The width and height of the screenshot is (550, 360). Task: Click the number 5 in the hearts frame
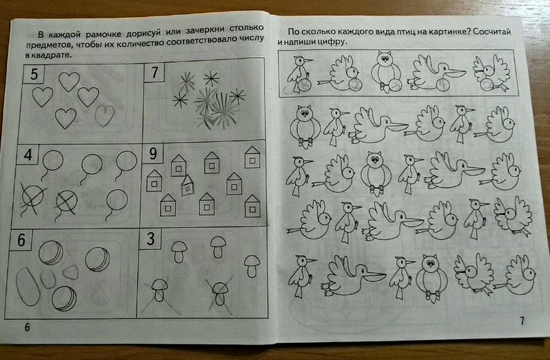(x=34, y=74)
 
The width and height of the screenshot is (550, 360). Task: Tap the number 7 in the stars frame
(x=155, y=73)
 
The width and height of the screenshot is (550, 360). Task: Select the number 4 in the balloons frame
(x=28, y=155)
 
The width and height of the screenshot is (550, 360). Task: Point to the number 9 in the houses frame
(x=153, y=154)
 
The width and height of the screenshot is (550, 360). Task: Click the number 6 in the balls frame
(x=21, y=240)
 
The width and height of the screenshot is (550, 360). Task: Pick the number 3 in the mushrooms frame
(x=151, y=239)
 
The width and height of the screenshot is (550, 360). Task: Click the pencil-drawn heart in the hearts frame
(x=104, y=115)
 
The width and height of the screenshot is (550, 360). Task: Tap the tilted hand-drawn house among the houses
(x=188, y=185)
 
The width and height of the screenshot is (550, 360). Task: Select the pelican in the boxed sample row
(x=436, y=73)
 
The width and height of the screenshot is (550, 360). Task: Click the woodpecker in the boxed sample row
(x=299, y=74)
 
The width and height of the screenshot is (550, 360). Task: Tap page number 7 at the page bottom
(x=522, y=321)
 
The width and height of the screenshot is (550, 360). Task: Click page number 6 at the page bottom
(x=27, y=327)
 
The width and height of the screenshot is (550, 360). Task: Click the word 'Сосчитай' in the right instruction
(x=491, y=31)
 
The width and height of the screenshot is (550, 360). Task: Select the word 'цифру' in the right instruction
(x=332, y=42)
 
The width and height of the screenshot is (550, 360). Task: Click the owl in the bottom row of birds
(x=432, y=278)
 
